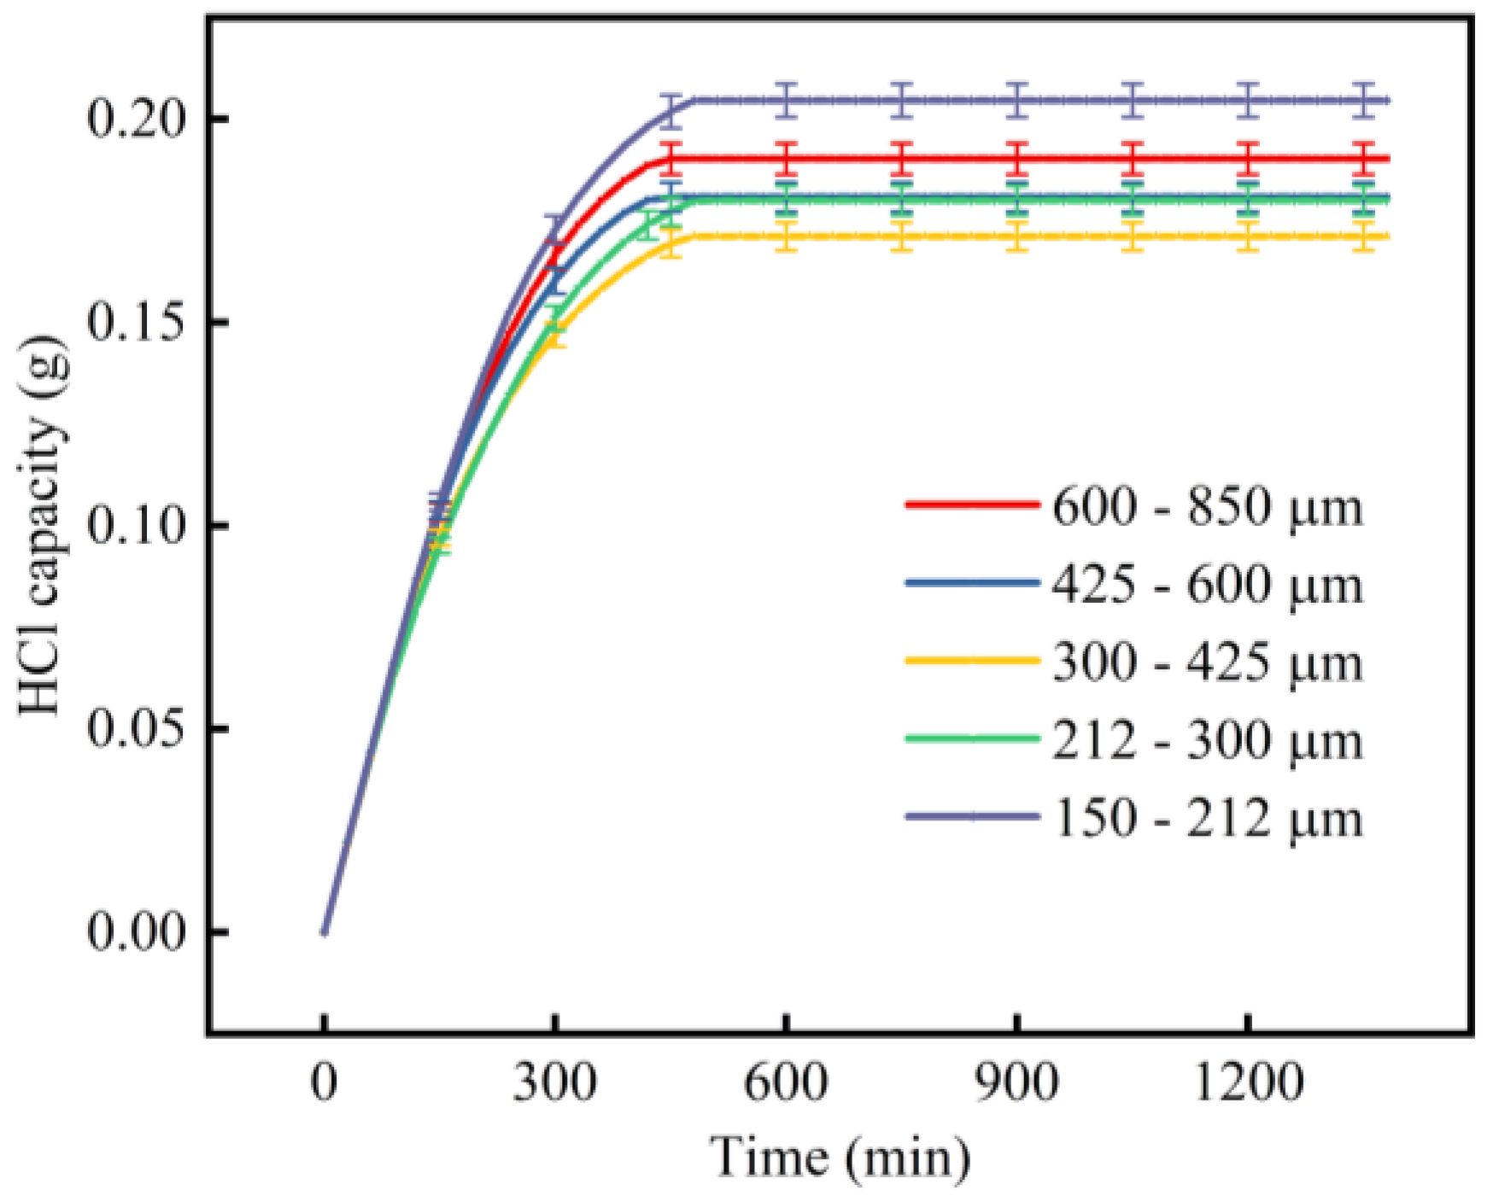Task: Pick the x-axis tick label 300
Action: [x=554, y=1083]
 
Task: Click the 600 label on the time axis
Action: [x=786, y=1083]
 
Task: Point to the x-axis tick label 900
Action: [x=1016, y=1083]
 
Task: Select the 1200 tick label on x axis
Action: [x=1248, y=1083]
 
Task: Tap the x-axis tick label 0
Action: [x=324, y=1083]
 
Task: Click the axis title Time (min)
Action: [x=840, y=1159]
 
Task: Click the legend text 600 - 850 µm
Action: [x=1208, y=507]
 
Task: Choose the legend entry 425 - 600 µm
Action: [x=1208, y=586]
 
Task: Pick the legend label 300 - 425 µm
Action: [x=1208, y=663]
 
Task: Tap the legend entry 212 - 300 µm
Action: [x=1208, y=741]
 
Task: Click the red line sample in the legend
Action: [x=972, y=505]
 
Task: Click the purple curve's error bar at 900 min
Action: [x=1016, y=101]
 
